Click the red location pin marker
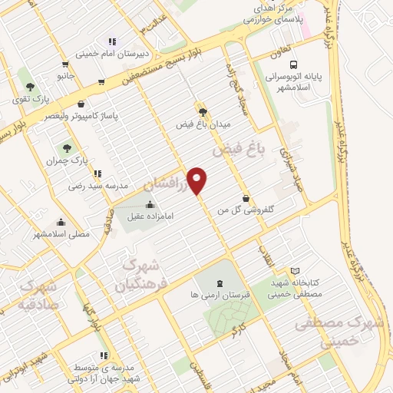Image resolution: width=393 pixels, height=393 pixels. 197,180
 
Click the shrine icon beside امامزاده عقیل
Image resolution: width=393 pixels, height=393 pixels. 149,205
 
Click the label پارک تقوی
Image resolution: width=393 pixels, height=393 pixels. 27,99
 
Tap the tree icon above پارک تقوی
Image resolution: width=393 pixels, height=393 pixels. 28,87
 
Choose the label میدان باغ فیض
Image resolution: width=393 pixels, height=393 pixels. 203,124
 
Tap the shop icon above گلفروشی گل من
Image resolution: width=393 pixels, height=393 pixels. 245,197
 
